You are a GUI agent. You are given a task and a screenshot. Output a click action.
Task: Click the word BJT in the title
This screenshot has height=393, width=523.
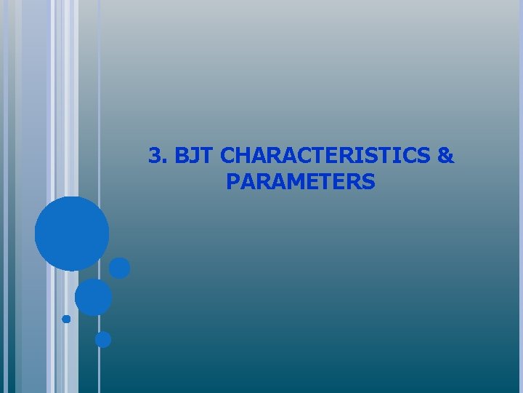193,156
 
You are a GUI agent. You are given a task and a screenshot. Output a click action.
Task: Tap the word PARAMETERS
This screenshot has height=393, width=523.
300,181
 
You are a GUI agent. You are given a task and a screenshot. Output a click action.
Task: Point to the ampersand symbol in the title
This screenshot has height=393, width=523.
447,156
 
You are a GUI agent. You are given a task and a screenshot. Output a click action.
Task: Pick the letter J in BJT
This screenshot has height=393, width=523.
194,156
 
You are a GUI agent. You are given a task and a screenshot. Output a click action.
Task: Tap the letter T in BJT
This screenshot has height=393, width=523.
206,156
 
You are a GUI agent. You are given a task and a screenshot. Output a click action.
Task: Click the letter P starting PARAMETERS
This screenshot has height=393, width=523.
232,181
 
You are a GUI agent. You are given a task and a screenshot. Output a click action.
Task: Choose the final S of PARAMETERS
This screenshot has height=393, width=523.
369,181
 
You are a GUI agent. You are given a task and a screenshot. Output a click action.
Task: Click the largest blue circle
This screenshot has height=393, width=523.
72,234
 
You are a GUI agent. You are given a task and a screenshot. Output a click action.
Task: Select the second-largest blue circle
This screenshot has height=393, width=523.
94,297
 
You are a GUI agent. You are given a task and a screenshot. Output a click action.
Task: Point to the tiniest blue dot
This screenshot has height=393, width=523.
66,319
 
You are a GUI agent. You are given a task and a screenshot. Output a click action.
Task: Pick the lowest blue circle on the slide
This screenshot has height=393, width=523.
103,339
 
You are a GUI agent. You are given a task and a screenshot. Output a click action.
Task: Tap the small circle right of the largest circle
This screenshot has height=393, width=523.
120,268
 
